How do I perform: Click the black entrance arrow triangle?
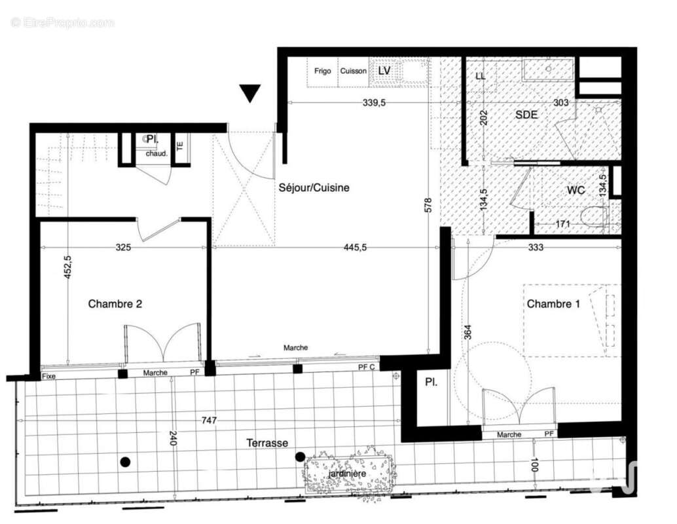click(249, 93)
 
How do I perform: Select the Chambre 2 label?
click(115, 304)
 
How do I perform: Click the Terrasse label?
click(266, 443)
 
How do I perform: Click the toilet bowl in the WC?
click(594, 217)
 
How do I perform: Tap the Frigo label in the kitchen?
click(322, 71)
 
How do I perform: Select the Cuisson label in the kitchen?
click(353, 71)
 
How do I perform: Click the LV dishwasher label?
click(384, 70)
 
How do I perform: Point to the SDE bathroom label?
click(526, 114)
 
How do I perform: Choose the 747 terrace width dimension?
click(209, 421)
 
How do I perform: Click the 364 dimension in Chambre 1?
click(467, 331)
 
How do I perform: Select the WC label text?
click(576, 191)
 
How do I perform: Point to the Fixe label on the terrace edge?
click(48, 376)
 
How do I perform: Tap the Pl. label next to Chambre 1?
click(431, 381)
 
